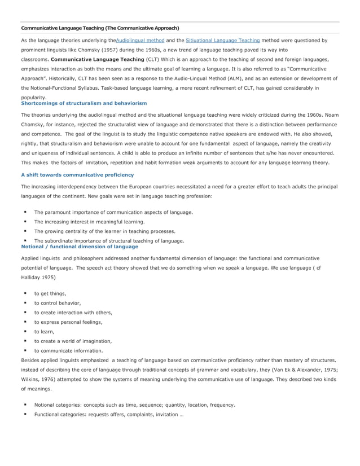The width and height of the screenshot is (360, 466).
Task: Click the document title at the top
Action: click(x=100, y=28)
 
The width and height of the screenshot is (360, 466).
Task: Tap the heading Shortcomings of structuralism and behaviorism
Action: click(x=84, y=103)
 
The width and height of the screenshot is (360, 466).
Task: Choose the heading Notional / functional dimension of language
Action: click(x=79, y=247)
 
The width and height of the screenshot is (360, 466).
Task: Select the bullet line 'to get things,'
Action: click(x=50, y=293)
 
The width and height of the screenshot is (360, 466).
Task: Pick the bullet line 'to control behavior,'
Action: click(x=57, y=303)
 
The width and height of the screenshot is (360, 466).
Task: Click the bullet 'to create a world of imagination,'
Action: click(x=73, y=341)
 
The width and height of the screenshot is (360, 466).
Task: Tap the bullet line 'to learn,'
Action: click(x=44, y=331)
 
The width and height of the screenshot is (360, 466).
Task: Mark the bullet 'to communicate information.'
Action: click(x=68, y=350)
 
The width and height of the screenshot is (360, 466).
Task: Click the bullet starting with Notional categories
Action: click(x=134, y=405)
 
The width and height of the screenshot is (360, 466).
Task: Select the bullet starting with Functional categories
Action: click(x=108, y=414)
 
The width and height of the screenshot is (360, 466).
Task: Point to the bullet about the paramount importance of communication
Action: click(x=113, y=212)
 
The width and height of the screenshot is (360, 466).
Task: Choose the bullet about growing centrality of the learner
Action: click(x=104, y=231)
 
